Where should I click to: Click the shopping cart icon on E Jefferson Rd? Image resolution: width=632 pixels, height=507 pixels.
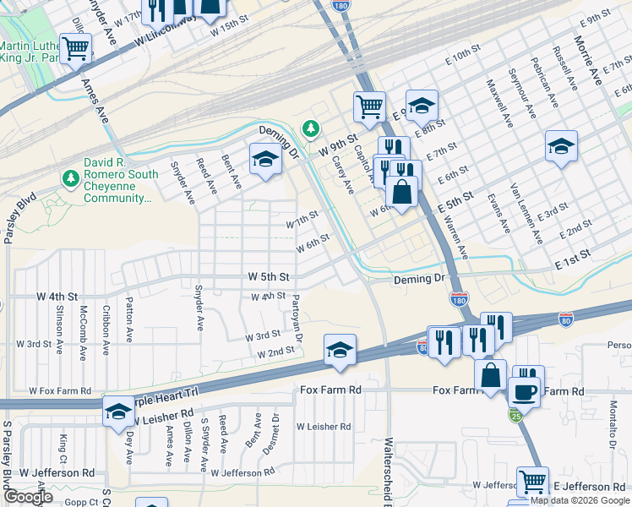click(x=532, y=482)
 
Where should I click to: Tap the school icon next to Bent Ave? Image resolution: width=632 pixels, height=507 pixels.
click(x=265, y=160)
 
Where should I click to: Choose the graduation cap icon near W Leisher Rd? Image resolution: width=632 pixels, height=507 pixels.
click(x=117, y=412)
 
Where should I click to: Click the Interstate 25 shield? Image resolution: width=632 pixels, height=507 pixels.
click(x=515, y=415)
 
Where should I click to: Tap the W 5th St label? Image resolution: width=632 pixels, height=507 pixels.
click(x=269, y=276)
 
